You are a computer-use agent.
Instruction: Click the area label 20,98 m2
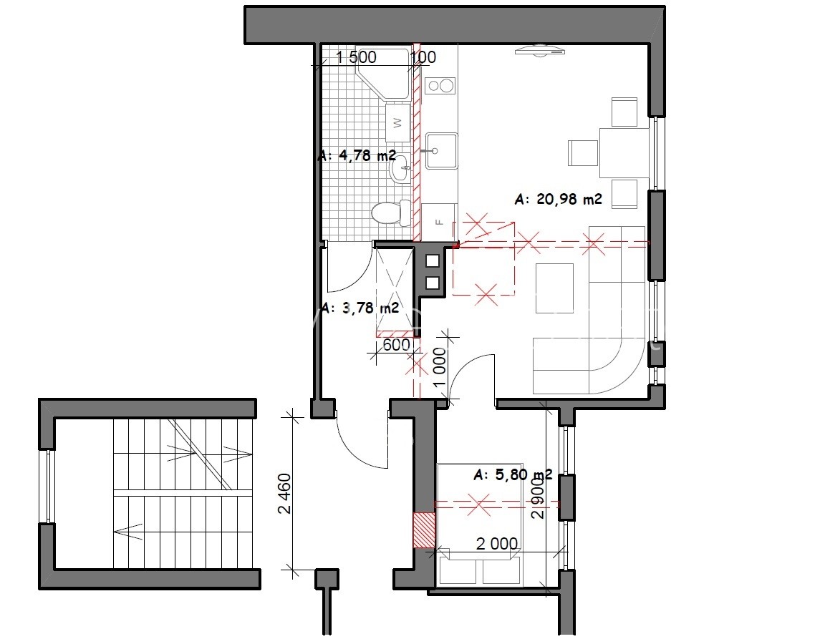click(x=559, y=200)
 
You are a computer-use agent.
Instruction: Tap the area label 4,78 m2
click(x=357, y=156)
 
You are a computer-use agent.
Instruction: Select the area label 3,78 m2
click(x=360, y=308)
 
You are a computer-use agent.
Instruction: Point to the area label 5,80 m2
click(x=513, y=475)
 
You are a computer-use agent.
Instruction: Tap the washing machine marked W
click(x=397, y=122)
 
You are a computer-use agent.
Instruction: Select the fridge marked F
click(x=439, y=222)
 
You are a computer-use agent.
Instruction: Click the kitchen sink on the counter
click(x=441, y=151)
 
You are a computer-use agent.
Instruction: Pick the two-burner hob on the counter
click(x=440, y=86)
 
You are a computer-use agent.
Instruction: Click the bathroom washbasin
click(x=400, y=167)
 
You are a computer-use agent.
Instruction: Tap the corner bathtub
click(x=383, y=74)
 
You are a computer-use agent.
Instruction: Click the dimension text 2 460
click(x=284, y=493)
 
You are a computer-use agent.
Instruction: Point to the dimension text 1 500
click(x=356, y=57)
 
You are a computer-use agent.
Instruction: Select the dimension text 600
click(x=396, y=344)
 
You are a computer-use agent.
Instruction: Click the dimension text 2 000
click(x=497, y=543)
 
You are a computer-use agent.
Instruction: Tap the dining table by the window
click(x=624, y=152)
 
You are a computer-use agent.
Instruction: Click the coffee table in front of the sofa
click(x=554, y=288)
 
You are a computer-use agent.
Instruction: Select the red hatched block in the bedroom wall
click(x=424, y=530)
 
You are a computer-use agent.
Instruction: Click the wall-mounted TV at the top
click(x=540, y=52)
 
